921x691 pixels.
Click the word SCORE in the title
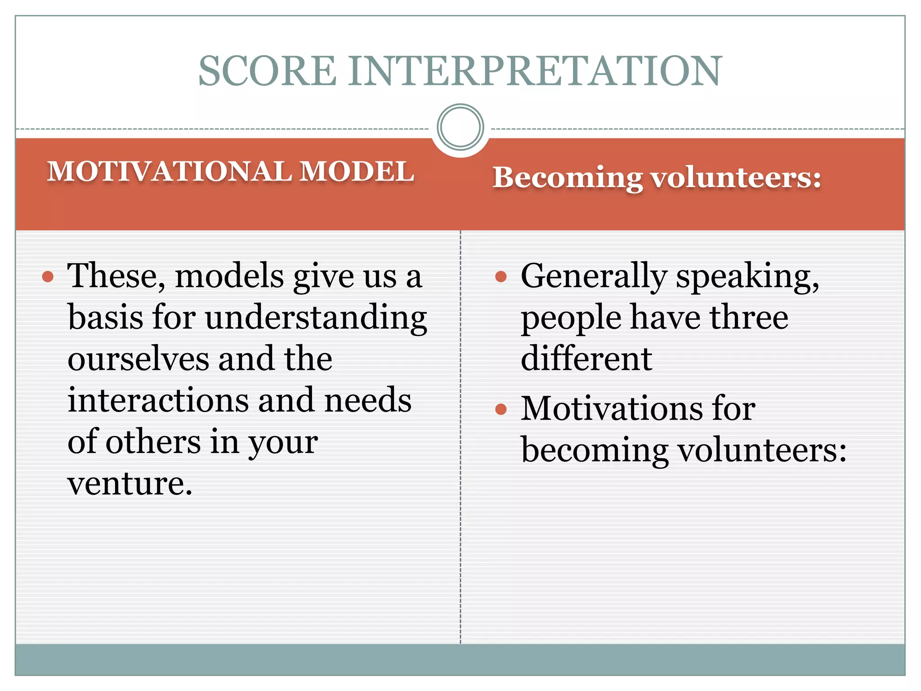pyautogui.click(x=267, y=71)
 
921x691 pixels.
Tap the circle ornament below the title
pyautogui.click(x=460, y=127)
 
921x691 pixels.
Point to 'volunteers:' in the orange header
pyautogui.click(x=737, y=178)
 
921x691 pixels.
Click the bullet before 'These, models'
pyautogui.click(x=48, y=276)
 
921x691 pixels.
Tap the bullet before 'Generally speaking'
pyautogui.click(x=501, y=276)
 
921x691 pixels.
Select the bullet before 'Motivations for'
pyautogui.click(x=501, y=409)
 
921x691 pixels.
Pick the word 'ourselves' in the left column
pyautogui.click(x=138, y=359)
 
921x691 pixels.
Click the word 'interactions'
pyautogui.click(x=158, y=400)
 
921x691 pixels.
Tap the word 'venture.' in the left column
pyautogui.click(x=130, y=484)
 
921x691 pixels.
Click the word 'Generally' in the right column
pyautogui.click(x=594, y=276)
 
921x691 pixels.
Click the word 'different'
pyautogui.click(x=586, y=359)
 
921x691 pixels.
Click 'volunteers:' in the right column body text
pyautogui.click(x=762, y=450)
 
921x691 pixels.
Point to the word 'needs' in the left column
pyautogui.click(x=367, y=400)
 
